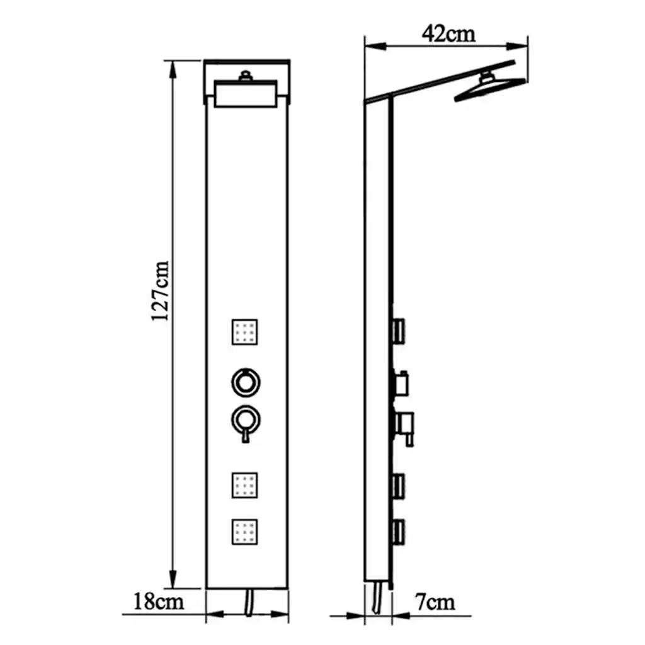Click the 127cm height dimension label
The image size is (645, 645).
[x=161, y=291]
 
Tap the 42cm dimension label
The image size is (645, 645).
[x=448, y=33]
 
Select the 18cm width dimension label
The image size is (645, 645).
[x=158, y=602]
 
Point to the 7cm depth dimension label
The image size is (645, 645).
[x=435, y=602]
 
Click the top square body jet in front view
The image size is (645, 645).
[x=245, y=332]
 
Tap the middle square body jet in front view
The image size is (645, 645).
[x=245, y=486]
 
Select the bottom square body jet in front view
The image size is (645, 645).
[x=245, y=532]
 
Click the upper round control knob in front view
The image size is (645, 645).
[x=246, y=382]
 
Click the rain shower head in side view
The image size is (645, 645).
[x=489, y=88]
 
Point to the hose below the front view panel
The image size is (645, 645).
[x=249, y=603]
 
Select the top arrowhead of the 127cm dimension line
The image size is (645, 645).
[x=173, y=69]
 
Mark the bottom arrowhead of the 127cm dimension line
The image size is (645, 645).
[x=173, y=579]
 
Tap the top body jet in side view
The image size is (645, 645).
[x=399, y=331]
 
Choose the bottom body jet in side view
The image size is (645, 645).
[x=399, y=532]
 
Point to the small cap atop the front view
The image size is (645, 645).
[x=246, y=76]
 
